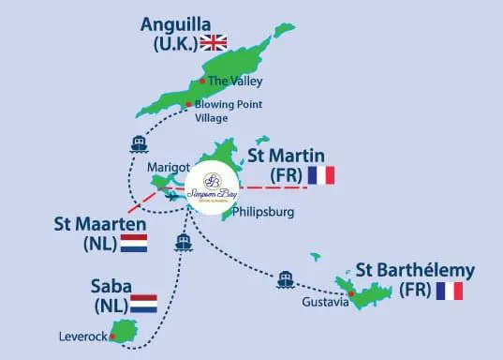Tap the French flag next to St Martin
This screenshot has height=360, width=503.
coord(320,175)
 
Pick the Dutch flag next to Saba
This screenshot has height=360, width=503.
coord(143,304)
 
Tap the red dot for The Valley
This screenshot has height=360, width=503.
coord(203,81)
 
